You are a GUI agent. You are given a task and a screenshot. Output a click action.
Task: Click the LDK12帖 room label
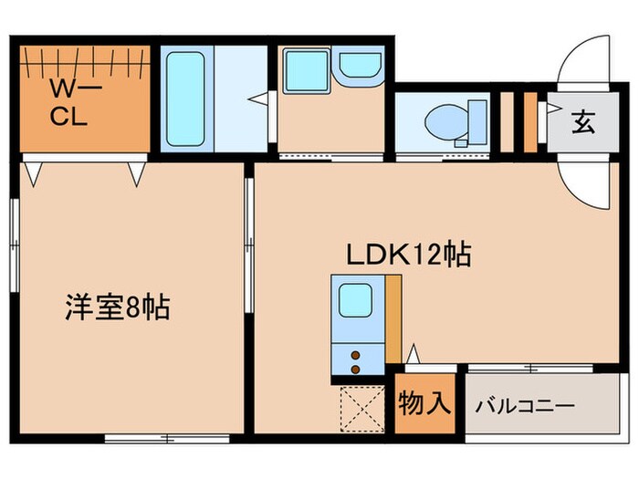pyautogui.click(x=407, y=254)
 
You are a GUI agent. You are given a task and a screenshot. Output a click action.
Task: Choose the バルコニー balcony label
pyautogui.click(x=524, y=404)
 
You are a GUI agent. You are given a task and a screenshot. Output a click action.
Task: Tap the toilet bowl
pyautogui.click(x=446, y=123)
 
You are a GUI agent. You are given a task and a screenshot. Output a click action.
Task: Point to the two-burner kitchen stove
pyautogui.click(x=354, y=358)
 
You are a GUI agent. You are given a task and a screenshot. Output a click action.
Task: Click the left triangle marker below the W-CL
pyautogui.click(x=34, y=172)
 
